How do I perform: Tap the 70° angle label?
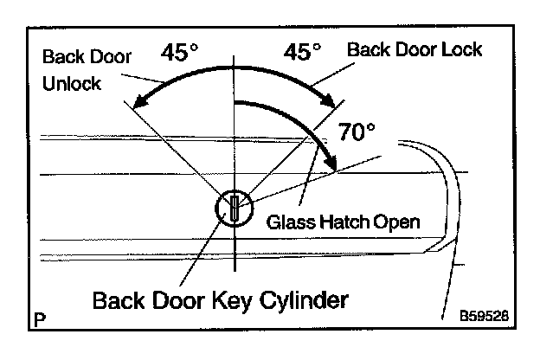click(x=357, y=132)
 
